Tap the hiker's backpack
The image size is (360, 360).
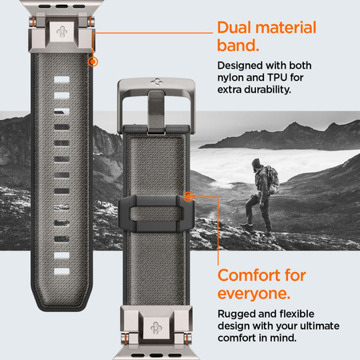(x=270, y=178)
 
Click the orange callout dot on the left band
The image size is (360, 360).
(x=94, y=60)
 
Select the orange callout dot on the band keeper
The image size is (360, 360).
(x=188, y=195)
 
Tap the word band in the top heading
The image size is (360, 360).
(x=238, y=46)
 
